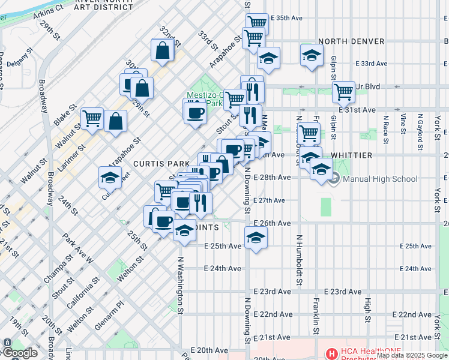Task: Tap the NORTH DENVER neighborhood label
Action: tap(351, 41)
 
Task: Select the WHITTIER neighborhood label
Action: tap(354, 155)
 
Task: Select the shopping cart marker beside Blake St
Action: tap(92, 119)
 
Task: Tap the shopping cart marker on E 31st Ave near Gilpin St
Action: tap(343, 92)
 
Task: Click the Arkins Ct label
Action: tap(49, 11)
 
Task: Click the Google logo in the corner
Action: tap(20, 353)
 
